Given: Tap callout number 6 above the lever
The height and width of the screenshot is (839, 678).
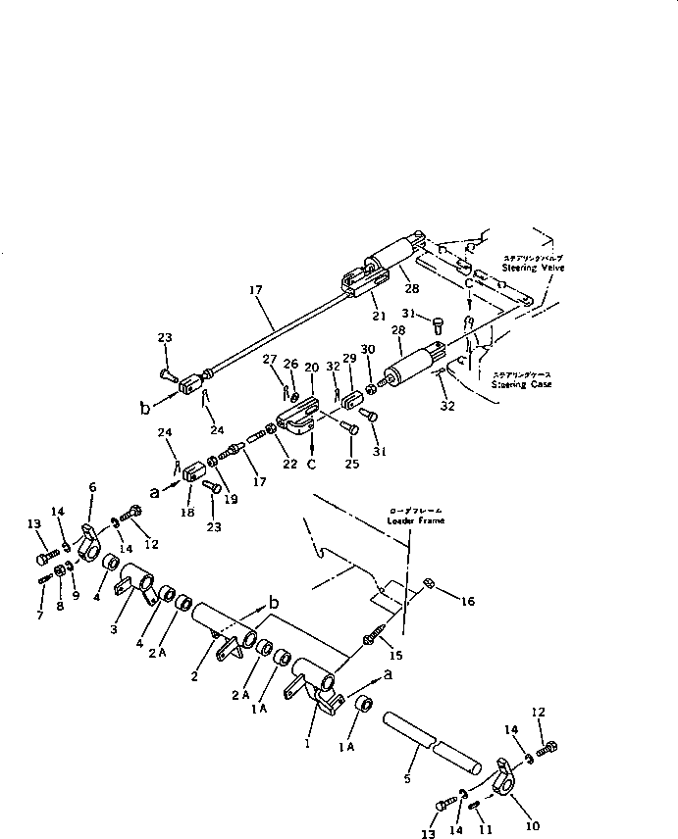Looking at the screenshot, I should coord(93,488).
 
